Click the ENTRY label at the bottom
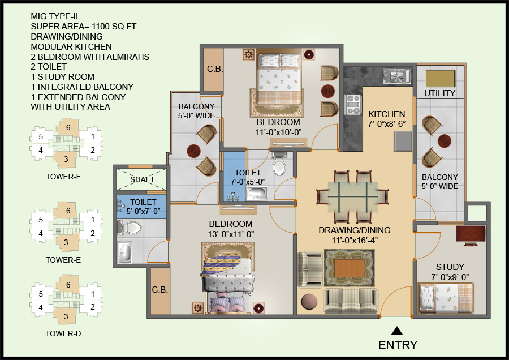point(398,345)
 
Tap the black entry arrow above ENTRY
point(398,331)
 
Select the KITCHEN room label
point(387,114)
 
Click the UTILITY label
point(439,93)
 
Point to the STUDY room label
point(450,267)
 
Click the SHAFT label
point(142,179)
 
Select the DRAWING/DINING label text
point(354,230)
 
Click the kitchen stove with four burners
point(353,105)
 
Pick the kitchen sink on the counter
point(398,76)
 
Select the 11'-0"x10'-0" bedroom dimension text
point(278,132)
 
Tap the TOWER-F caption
point(63,177)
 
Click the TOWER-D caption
point(63,333)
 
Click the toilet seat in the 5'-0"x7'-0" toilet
point(131,228)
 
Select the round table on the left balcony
point(194,151)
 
